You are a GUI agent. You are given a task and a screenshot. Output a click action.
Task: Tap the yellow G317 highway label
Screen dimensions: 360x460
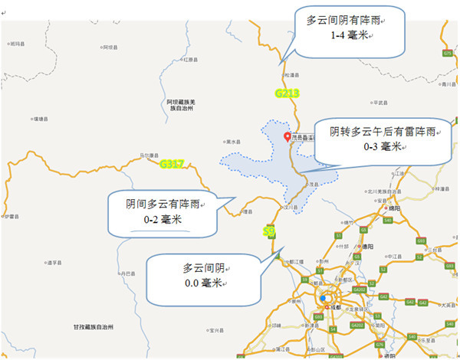tap(172, 163)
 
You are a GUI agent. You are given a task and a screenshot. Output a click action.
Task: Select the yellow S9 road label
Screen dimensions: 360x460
tap(268, 231)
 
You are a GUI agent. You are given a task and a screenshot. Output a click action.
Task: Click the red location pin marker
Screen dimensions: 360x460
tap(287, 138)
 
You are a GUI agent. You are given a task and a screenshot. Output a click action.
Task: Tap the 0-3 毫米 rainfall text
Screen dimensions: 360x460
tap(382, 146)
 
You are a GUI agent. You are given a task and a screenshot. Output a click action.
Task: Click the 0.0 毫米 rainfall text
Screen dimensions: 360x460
tap(202, 283)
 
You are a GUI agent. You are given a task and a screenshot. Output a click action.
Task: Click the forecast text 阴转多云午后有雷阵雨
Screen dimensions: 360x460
tap(383, 131)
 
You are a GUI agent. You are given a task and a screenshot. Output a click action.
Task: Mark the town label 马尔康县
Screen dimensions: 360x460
tap(149, 155)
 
